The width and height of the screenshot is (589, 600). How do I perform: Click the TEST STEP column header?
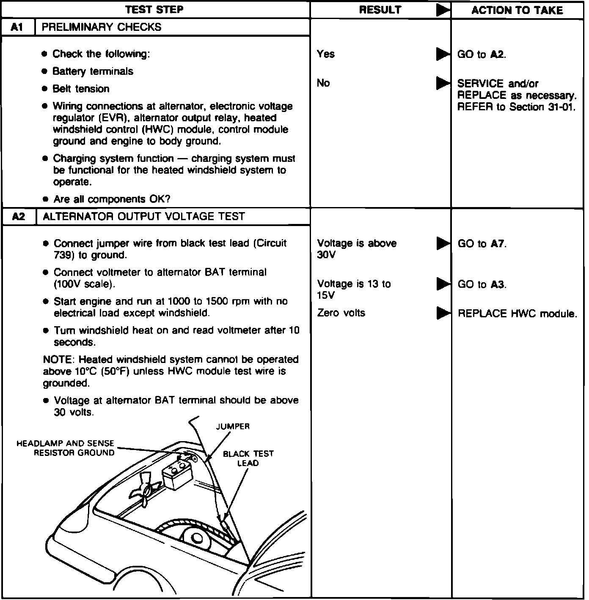154,10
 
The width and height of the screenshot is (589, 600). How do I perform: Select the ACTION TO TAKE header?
517,10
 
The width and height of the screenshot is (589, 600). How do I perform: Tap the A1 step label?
17,27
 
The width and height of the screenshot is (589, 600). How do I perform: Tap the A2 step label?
19,217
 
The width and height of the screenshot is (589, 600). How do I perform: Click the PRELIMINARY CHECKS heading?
102,27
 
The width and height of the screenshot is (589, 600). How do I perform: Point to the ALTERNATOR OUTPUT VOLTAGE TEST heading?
144,217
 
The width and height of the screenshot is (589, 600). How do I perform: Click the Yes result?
326,54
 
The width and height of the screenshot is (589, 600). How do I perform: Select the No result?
323,83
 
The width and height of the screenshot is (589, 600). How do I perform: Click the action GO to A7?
482,244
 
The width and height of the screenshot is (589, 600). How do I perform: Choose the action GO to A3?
482,284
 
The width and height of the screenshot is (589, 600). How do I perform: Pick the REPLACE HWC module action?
517,314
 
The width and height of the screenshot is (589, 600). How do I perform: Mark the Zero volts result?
341,313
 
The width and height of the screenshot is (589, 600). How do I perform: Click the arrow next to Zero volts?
443,313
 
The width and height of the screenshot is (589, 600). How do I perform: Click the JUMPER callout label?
233,426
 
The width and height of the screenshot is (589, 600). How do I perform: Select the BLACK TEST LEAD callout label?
248,458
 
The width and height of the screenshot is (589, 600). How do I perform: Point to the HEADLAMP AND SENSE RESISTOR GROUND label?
66,448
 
